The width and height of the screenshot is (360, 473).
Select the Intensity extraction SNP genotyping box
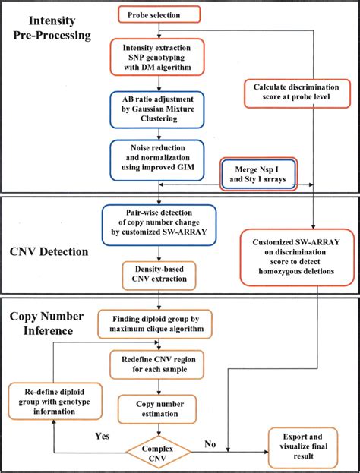coord(159,60)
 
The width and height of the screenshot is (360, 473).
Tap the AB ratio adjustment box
coord(159,112)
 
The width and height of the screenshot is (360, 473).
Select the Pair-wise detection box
coord(159,222)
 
